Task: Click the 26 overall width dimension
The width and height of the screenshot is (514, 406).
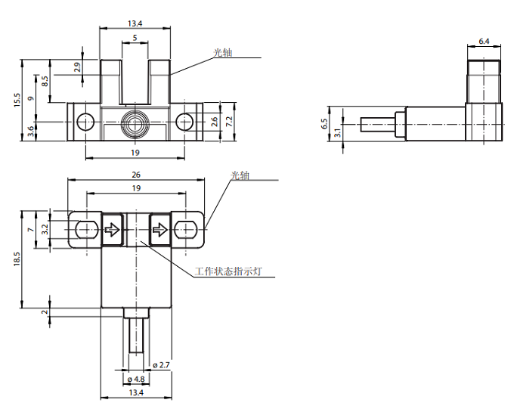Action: [136, 174]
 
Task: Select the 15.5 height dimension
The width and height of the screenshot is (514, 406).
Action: [17, 100]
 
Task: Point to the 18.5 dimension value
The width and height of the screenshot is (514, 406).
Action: [17, 259]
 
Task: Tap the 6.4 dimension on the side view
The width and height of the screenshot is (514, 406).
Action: [484, 42]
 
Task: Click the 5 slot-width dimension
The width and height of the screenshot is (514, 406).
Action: [135, 37]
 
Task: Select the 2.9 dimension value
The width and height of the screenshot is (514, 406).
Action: [77, 67]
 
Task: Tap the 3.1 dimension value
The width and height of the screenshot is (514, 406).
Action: [337, 132]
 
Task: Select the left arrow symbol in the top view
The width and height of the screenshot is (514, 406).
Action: [112, 229]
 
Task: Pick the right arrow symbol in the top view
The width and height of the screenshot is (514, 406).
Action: [159, 229]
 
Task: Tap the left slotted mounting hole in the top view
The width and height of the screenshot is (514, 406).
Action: [85, 229]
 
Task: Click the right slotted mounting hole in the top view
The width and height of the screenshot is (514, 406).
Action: [186, 229]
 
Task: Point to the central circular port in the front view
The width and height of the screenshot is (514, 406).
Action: [135, 122]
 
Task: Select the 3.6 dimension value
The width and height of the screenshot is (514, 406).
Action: [31, 131]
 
